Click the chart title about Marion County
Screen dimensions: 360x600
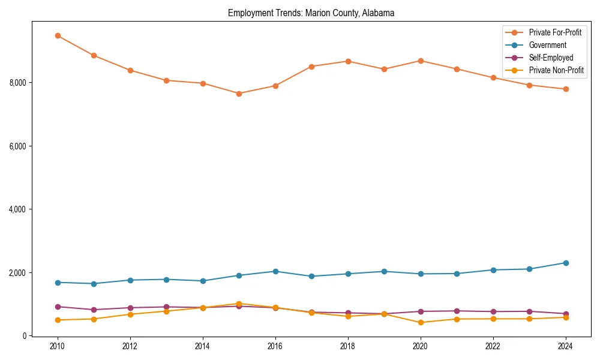pyautogui.click(x=311, y=13)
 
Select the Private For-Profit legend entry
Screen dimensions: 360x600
pyautogui.click(x=555, y=32)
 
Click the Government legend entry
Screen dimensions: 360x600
pyautogui.click(x=547, y=45)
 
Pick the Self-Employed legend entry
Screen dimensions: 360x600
pyautogui.click(x=551, y=58)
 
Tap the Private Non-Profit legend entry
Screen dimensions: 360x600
pyautogui.click(x=556, y=70)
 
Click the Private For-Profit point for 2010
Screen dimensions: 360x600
pyautogui.click(x=58, y=35)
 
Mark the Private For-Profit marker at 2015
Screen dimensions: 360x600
pyautogui.click(x=239, y=94)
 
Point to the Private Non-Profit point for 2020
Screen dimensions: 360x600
pyautogui.click(x=421, y=322)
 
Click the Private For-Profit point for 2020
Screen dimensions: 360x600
pyautogui.click(x=421, y=61)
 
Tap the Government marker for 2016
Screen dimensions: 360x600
pyautogui.click(x=275, y=271)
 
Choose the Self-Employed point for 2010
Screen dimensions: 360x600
pyautogui.click(x=58, y=307)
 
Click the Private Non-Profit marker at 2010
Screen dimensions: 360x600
pyautogui.click(x=58, y=320)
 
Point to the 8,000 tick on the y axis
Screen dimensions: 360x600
pyautogui.click(x=18, y=82)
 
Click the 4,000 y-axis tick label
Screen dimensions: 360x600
pyautogui.click(x=18, y=209)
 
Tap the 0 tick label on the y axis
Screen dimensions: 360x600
pyautogui.click(x=25, y=336)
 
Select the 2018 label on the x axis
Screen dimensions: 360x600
pyautogui.click(x=348, y=346)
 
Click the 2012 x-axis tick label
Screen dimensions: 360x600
pyautogui.click(x=130, y=346)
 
